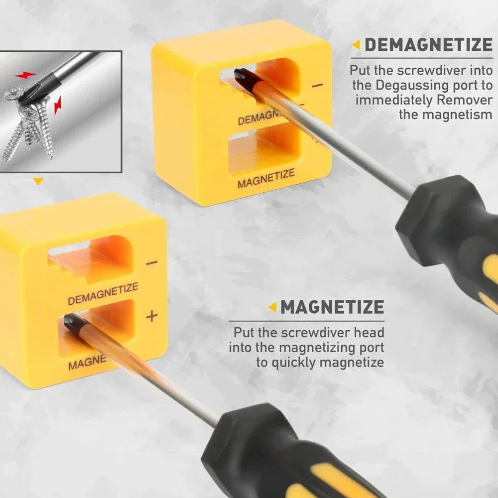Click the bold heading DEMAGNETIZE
pos(428,45)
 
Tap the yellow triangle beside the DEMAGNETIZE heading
pos(357,45)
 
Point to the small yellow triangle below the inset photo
pos(38,181)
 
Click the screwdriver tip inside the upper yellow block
pos(241,76)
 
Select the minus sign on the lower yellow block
pos(152,262)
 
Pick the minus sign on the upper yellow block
pos(317,85)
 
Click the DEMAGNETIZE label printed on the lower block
pos(103,294)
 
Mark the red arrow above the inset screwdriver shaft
pos(25,75)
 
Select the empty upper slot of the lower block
pos(92,259)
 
